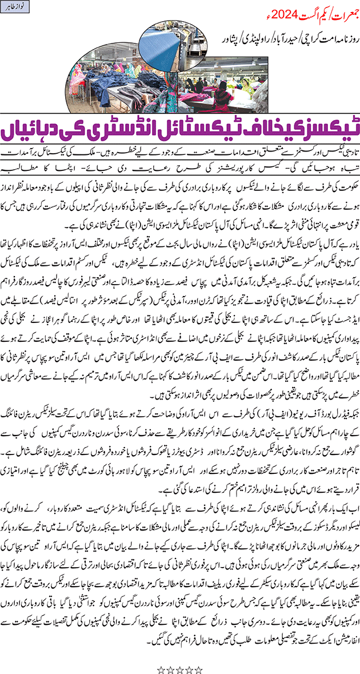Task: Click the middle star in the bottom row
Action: [180, 653]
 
